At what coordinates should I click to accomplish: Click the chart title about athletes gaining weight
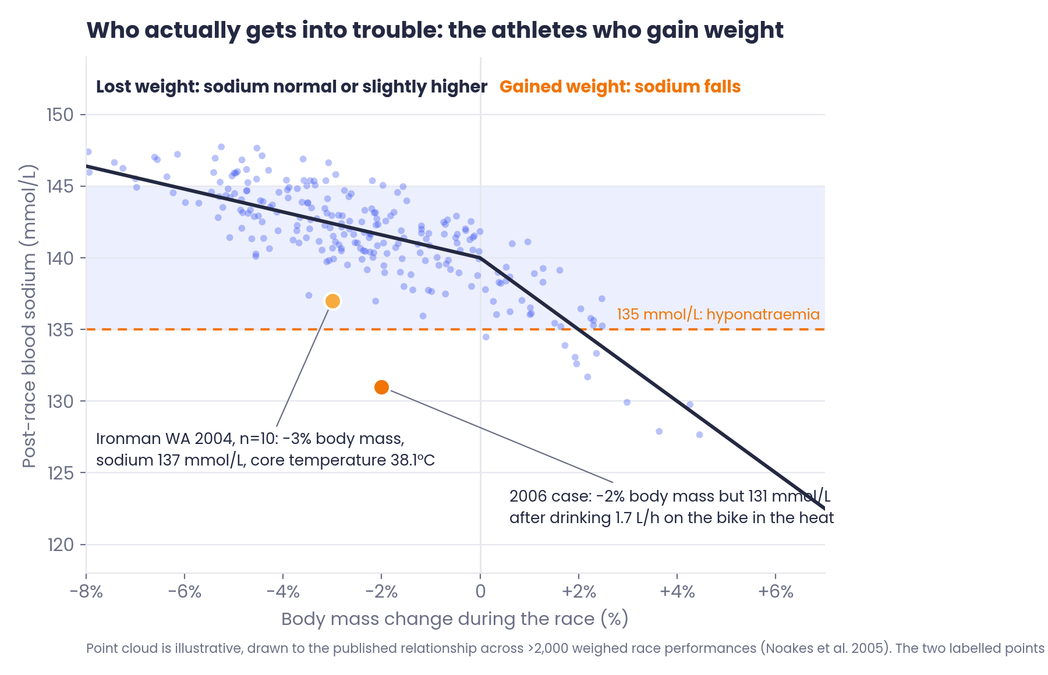[435, 30]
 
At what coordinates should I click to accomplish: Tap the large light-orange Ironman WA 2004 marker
[332, 301]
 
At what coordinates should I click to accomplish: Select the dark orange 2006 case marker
[381, 387]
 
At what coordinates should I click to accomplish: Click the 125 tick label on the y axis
[60, 473]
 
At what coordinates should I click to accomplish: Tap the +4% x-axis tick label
[677, 592]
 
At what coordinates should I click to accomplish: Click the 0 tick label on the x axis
[480, 592]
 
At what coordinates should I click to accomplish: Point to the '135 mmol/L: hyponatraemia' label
[718, 314]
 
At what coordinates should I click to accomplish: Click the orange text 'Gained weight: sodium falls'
[620, 87]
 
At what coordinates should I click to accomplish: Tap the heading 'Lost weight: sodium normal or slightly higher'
[292, 87]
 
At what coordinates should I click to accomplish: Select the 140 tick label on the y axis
[60, 258]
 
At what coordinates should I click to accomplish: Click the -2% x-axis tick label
[381, 592]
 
